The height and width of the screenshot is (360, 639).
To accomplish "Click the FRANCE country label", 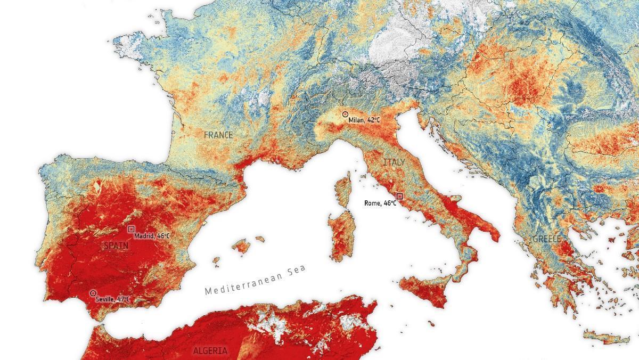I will (218, 135).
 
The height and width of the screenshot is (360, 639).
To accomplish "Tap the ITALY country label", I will (394, 162).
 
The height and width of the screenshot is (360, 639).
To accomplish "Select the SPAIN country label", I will (116, 246).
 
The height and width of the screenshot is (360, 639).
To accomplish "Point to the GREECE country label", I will (546, 239).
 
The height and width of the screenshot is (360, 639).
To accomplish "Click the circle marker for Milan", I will (345, 114).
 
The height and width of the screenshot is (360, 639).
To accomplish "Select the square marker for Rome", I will (399, 197).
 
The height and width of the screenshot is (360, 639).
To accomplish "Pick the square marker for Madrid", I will (131, 229).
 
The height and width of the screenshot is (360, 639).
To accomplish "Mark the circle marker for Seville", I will (93, 293).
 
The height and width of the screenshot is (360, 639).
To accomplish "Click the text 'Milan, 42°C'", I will (365, 120).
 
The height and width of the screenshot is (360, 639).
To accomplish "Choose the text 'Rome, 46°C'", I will (380, 203).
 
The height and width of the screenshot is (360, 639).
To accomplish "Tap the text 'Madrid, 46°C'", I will (152, 236).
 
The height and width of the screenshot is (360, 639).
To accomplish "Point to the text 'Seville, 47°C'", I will (113, 300).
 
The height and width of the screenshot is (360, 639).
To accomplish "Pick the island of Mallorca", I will (242, 247).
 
